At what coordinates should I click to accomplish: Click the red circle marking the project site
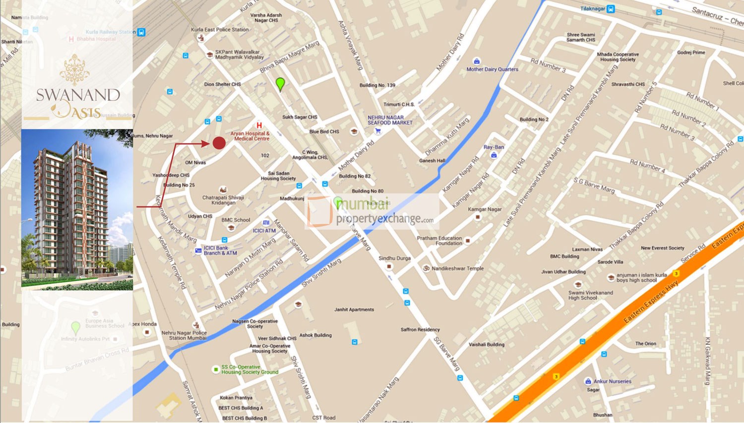pos(219,143)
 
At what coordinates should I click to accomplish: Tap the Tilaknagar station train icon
pos(611,9)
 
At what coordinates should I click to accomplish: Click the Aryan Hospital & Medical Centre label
pos(250,136)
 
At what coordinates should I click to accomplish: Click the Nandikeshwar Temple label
pos(457,268)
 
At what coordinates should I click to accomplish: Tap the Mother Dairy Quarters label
pos(492,69)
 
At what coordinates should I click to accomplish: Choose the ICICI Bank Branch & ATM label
pos(220,250)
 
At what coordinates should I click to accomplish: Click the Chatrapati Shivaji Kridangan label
pos(223,200)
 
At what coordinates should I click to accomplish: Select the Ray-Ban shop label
pos(494,147)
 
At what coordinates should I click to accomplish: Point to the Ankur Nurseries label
pos(612,381)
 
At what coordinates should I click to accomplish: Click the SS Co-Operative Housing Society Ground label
pos(249,369)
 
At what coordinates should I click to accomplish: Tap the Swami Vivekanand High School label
pos(590,295)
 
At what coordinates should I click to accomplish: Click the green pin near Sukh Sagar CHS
pos(280,83)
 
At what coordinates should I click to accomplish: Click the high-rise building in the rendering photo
pos(72,208)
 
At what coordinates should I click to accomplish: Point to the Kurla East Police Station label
pos(220,30)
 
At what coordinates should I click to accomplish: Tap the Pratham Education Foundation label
pos(439,241)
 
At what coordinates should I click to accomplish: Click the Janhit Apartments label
pos(354,309)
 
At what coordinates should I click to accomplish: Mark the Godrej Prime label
pos(691,53)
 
